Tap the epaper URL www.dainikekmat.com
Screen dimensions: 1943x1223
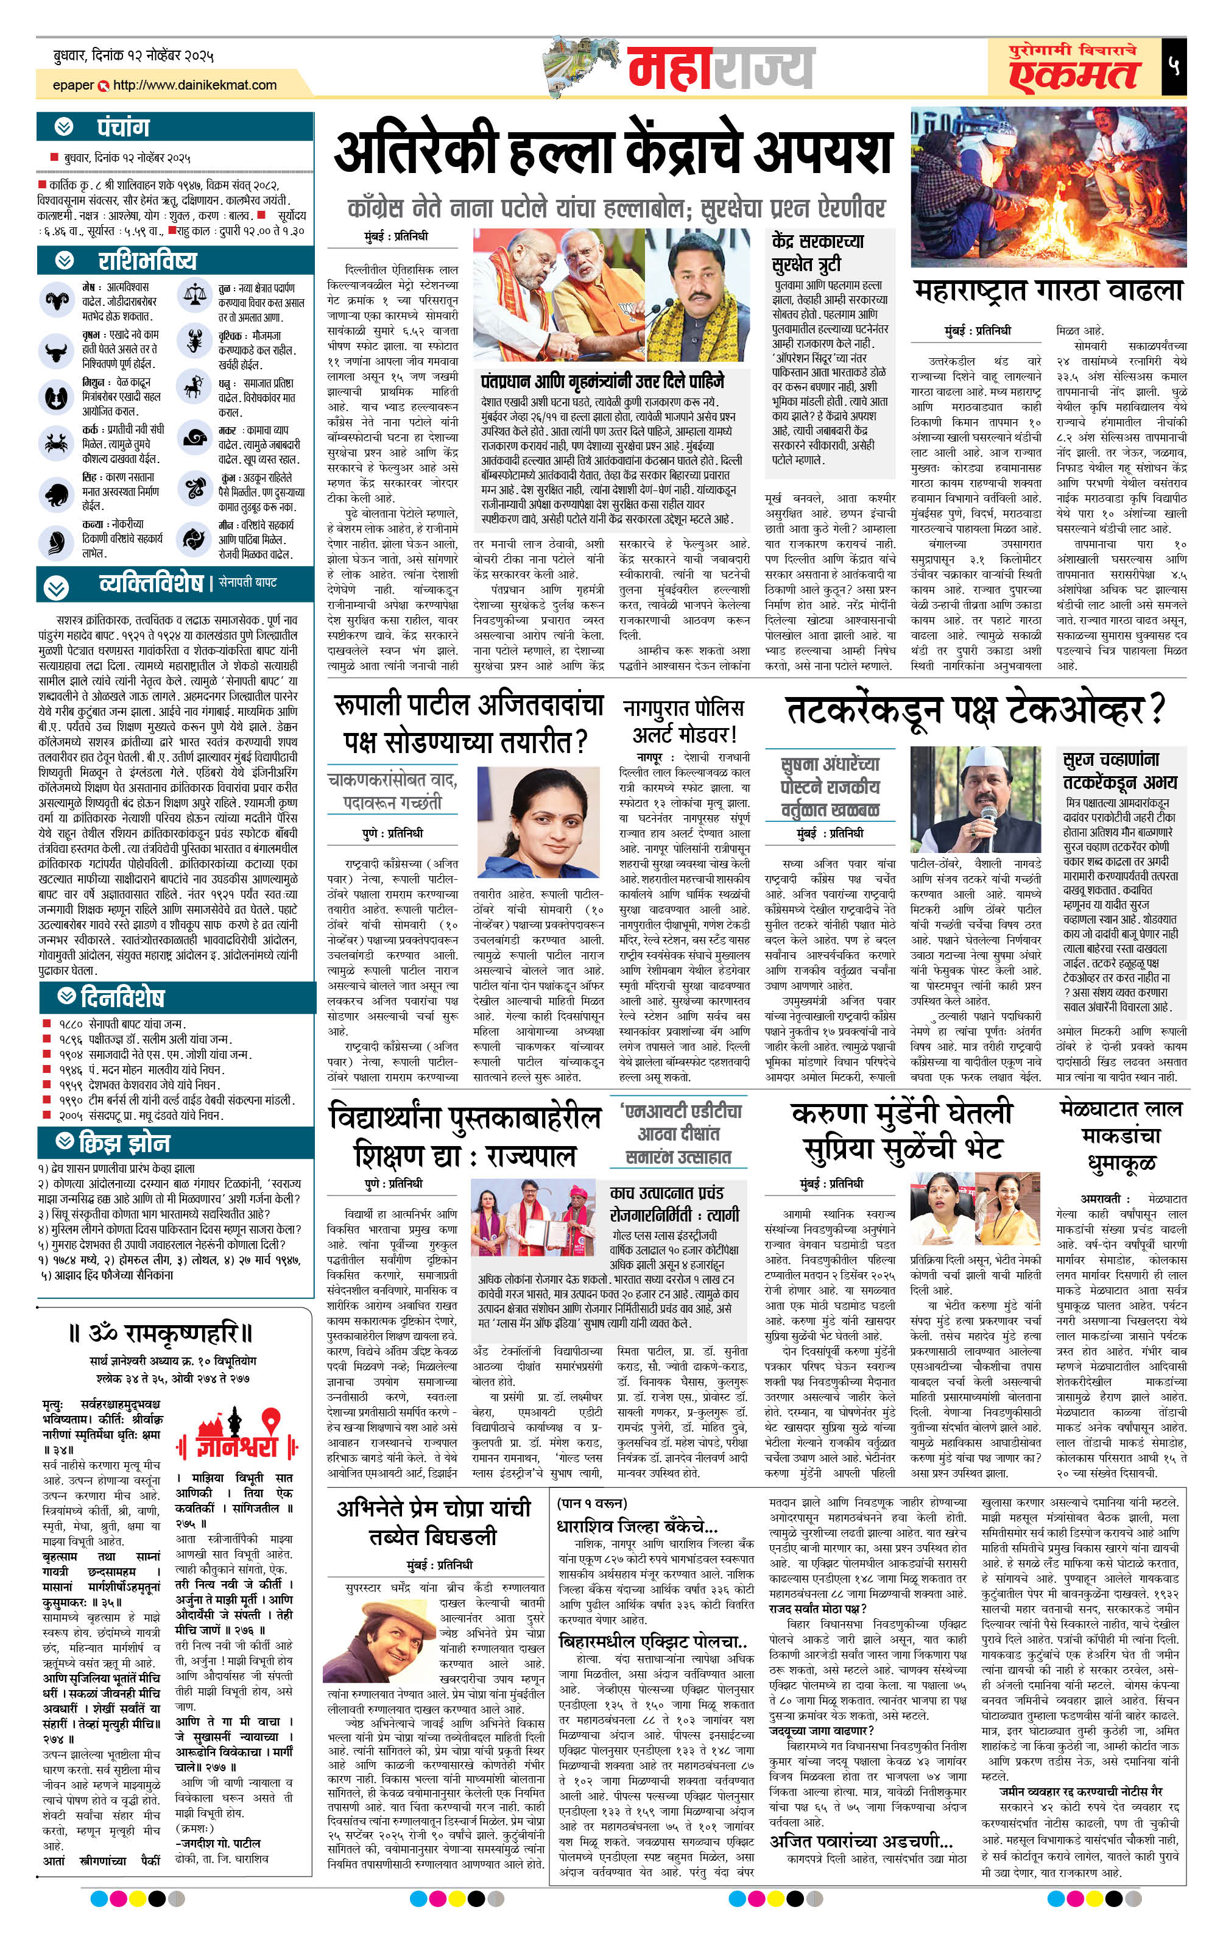click(x=194, y=85)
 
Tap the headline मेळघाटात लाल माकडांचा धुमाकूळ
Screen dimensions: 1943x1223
click(x=1121, y=1135)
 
